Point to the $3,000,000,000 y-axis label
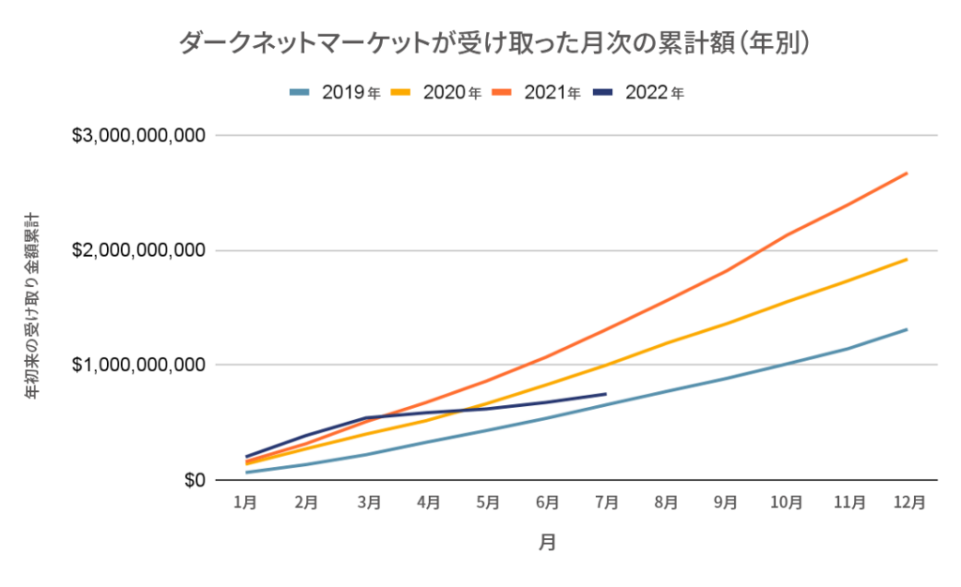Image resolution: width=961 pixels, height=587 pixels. [139, 136]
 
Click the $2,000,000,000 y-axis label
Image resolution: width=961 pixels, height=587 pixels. [139, 250]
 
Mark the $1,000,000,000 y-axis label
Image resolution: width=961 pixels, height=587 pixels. [139, 365]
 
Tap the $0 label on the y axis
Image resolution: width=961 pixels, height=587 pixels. [191, 480]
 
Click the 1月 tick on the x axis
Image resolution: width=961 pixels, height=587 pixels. [246, 503]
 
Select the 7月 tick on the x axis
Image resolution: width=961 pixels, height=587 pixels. [606, 503]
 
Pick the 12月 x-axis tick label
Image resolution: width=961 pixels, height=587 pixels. [907, 503]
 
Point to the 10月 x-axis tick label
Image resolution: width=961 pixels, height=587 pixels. [786, 503]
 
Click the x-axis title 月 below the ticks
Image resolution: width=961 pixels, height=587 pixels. [547, 543]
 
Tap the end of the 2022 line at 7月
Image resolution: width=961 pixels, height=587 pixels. [606, 394]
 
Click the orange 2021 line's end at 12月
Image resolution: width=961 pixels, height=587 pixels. [907, 173]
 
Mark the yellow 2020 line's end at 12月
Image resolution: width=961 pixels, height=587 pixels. [907, 259]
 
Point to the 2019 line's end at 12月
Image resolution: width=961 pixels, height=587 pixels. [907, 329]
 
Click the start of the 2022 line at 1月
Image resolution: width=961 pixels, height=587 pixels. [246, 457]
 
